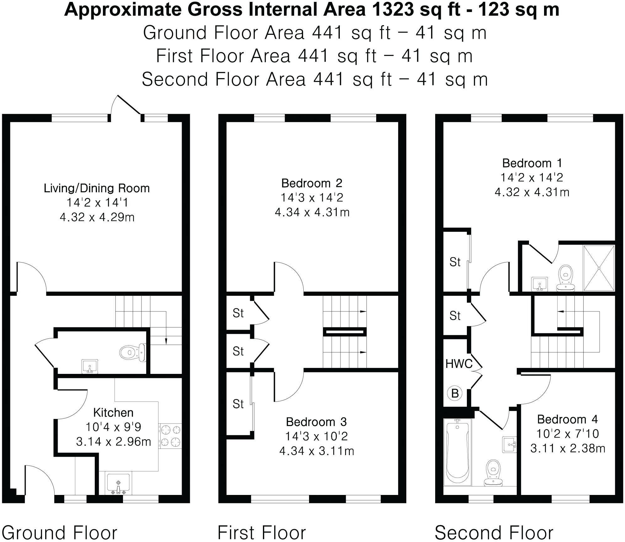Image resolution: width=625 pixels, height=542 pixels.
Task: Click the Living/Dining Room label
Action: pos(97,188)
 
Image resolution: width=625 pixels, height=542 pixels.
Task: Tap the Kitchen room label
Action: pos(113,412)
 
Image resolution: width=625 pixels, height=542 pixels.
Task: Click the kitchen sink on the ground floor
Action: pos(118,484)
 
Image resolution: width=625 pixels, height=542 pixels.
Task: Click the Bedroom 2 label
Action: pos(312,183)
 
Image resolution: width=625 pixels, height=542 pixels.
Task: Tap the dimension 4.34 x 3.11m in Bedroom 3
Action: pos(316,451)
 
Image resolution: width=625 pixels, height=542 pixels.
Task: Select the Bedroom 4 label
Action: pos(567,419)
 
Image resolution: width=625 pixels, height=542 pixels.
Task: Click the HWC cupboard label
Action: pos(459,364)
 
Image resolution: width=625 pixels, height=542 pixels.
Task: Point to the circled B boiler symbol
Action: pos(455,393)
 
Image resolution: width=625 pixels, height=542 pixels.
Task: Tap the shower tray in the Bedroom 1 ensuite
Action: pos(599,268)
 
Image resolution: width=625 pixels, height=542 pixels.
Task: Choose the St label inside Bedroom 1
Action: pos(455,262)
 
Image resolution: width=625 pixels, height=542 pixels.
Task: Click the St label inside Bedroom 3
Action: pos(238,404)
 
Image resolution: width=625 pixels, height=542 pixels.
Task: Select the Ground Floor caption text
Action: pos(60,533)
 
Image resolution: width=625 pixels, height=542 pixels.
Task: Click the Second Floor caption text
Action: pos(494,533)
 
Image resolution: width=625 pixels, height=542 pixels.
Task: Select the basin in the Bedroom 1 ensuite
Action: pos(539,284)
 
